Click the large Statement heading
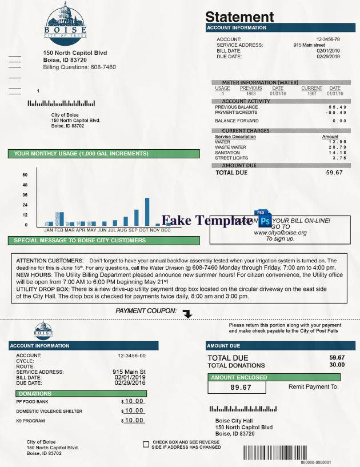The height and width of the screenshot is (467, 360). click(x=239, y=17)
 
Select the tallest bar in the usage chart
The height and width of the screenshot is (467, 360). click(x=147, y=211)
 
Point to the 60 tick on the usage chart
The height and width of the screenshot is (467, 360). click(x=25, y=175)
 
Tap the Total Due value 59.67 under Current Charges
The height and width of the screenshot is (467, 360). click(x=334, y=172)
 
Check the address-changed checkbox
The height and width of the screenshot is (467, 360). click(x=146, y=444)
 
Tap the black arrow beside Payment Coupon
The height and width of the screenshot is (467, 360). click(x=187, y=314)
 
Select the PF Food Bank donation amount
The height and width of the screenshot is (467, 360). click(x=135, y=401)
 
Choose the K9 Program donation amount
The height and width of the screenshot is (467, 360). click(x=135, y=421)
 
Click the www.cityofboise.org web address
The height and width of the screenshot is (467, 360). click(x=280, y=233)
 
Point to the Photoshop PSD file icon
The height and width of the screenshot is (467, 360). click(x=264, y=219)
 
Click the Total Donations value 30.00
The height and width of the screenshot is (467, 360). click(x=337, y=365)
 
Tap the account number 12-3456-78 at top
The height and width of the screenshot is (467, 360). click(x=327, y=39)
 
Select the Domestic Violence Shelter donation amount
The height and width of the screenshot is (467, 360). click(x=135, y=411)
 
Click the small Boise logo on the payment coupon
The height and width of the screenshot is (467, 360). click(x=44, y=330)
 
